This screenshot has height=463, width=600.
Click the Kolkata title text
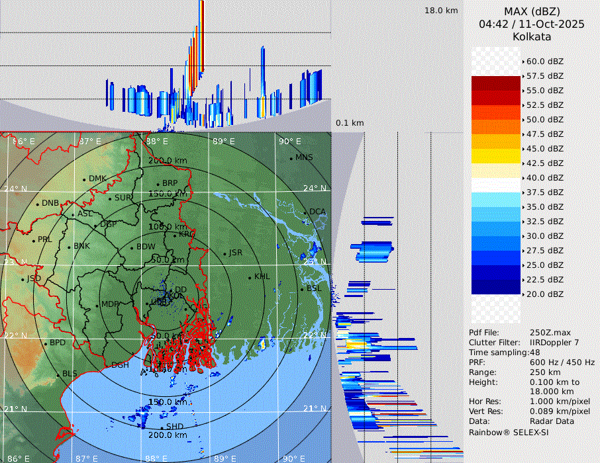coord(532,37)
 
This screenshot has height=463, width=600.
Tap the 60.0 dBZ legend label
coord(544,62)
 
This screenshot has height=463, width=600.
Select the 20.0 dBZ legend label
coord(544,294)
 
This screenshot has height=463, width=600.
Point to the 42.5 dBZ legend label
coord(544,163)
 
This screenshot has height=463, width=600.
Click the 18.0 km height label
coord(441,11)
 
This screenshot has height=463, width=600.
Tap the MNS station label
coord(304,157)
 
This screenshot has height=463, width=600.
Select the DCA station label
coord(318,212)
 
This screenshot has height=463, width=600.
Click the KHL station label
coord(262,276)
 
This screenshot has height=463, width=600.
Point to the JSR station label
coord(235,253)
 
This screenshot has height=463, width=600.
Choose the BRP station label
coord(170,183)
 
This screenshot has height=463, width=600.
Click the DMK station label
coord(97,179)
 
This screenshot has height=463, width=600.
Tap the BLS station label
coord(70,374)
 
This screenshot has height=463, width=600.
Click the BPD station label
coord(58,343)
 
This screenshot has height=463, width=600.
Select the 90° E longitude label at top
coord(290,141)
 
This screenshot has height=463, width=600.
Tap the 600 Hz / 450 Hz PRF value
coord(562,362)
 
